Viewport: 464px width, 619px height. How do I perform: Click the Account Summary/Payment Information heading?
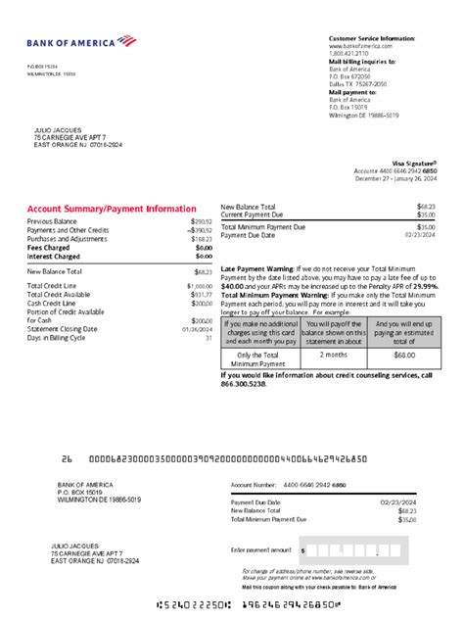coord(111,209)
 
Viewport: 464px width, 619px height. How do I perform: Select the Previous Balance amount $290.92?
coord(201,221)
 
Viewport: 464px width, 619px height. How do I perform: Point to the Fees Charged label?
coord(49,248)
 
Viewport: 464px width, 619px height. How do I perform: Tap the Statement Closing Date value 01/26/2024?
coord(200,329)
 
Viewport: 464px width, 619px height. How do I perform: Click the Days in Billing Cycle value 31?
coord(208,337)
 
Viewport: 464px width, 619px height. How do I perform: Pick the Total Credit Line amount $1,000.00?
coord(199,285)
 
